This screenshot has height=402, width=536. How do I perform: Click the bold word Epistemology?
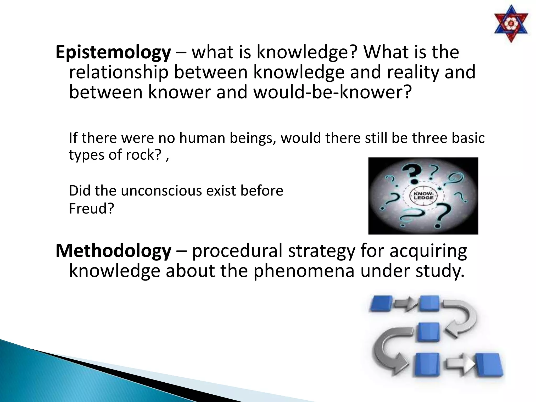click(113, 52)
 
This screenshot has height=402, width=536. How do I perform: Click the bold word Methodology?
click(113, 251)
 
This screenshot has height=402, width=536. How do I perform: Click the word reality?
click(413, 72)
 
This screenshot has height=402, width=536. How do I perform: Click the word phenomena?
click(304, 271)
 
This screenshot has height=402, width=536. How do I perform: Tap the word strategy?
click(322, 251)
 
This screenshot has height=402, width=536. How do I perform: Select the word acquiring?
click(428, 251)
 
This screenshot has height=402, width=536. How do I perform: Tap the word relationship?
click(119, 72)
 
